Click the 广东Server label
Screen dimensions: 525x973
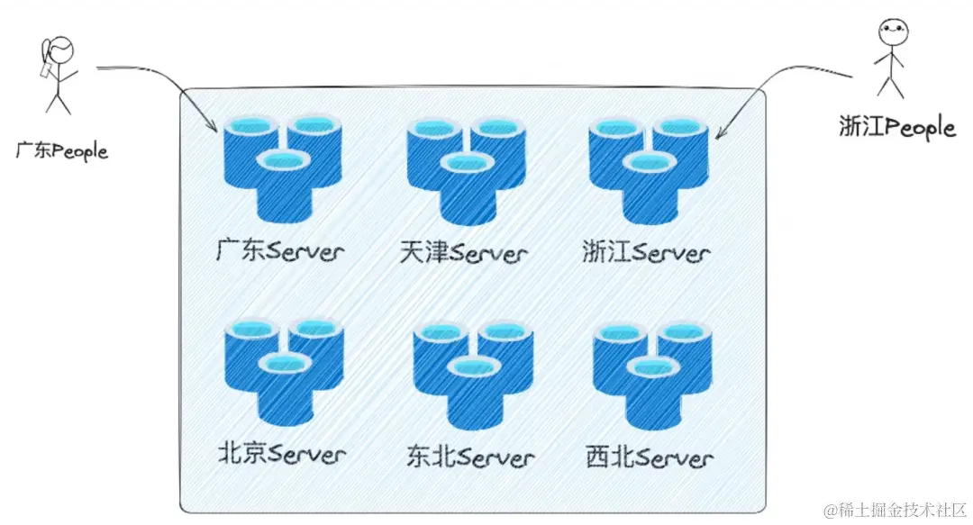(280, 250)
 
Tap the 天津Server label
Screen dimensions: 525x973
(463, 252)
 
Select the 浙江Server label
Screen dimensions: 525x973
(646, 252)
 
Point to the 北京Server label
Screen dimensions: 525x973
(281, 453)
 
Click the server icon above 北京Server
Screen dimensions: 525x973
(281, 370)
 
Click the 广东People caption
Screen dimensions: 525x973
(61, 149)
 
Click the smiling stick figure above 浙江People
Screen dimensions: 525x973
(890, 58)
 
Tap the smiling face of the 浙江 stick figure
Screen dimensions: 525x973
(890, 31)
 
